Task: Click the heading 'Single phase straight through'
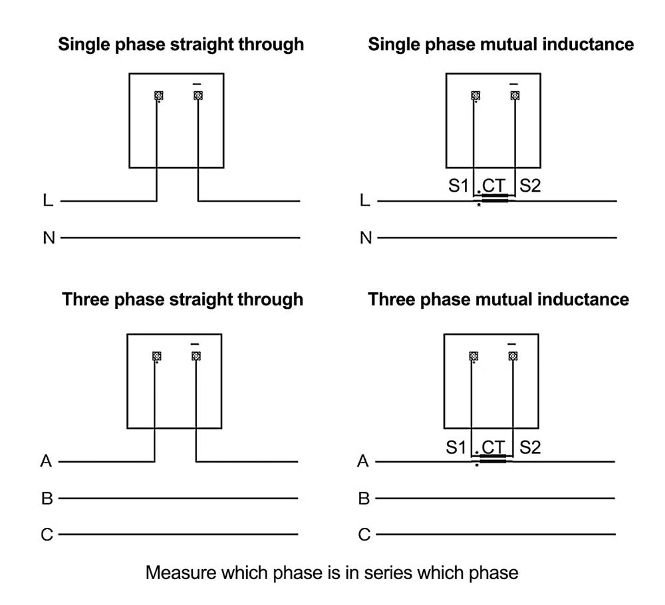[181, 45]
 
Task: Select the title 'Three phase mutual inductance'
[498, 299]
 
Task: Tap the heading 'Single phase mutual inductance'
[501, 45]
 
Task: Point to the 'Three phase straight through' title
[183, 299]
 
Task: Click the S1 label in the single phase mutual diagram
[458, 186]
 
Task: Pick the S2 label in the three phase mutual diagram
[529, 447]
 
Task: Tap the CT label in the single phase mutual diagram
[493, 186]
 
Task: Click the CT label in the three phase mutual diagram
[493, 447]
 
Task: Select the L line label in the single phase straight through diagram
[48, 200]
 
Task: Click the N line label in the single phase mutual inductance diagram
[365, 238]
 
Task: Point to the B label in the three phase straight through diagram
[47, 499]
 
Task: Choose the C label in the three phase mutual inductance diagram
[364, 534]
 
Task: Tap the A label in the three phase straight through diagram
[46, 461]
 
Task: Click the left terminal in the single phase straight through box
[158, 96]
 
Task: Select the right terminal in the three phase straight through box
[196, 356]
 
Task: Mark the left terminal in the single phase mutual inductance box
[475, 96]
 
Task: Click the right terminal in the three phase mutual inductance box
[513, 356]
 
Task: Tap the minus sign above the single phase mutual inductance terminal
[513, 85]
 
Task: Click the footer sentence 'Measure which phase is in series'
[332, 572]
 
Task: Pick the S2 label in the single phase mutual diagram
[530, 186]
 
